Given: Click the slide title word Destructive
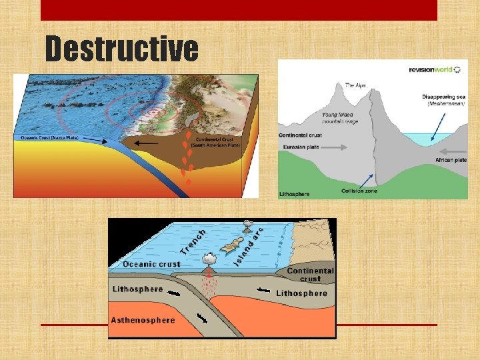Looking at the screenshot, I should [121, 49].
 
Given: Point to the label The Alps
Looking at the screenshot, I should [355, 85].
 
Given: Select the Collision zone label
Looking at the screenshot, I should [360, 191].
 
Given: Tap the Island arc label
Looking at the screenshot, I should [250, 245].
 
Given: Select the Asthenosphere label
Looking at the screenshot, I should [143, 320].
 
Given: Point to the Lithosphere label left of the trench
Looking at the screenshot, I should [137, 289].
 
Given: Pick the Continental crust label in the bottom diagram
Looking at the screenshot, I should [310, 275].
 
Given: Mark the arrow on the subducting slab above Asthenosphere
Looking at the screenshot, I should [201, 318].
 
